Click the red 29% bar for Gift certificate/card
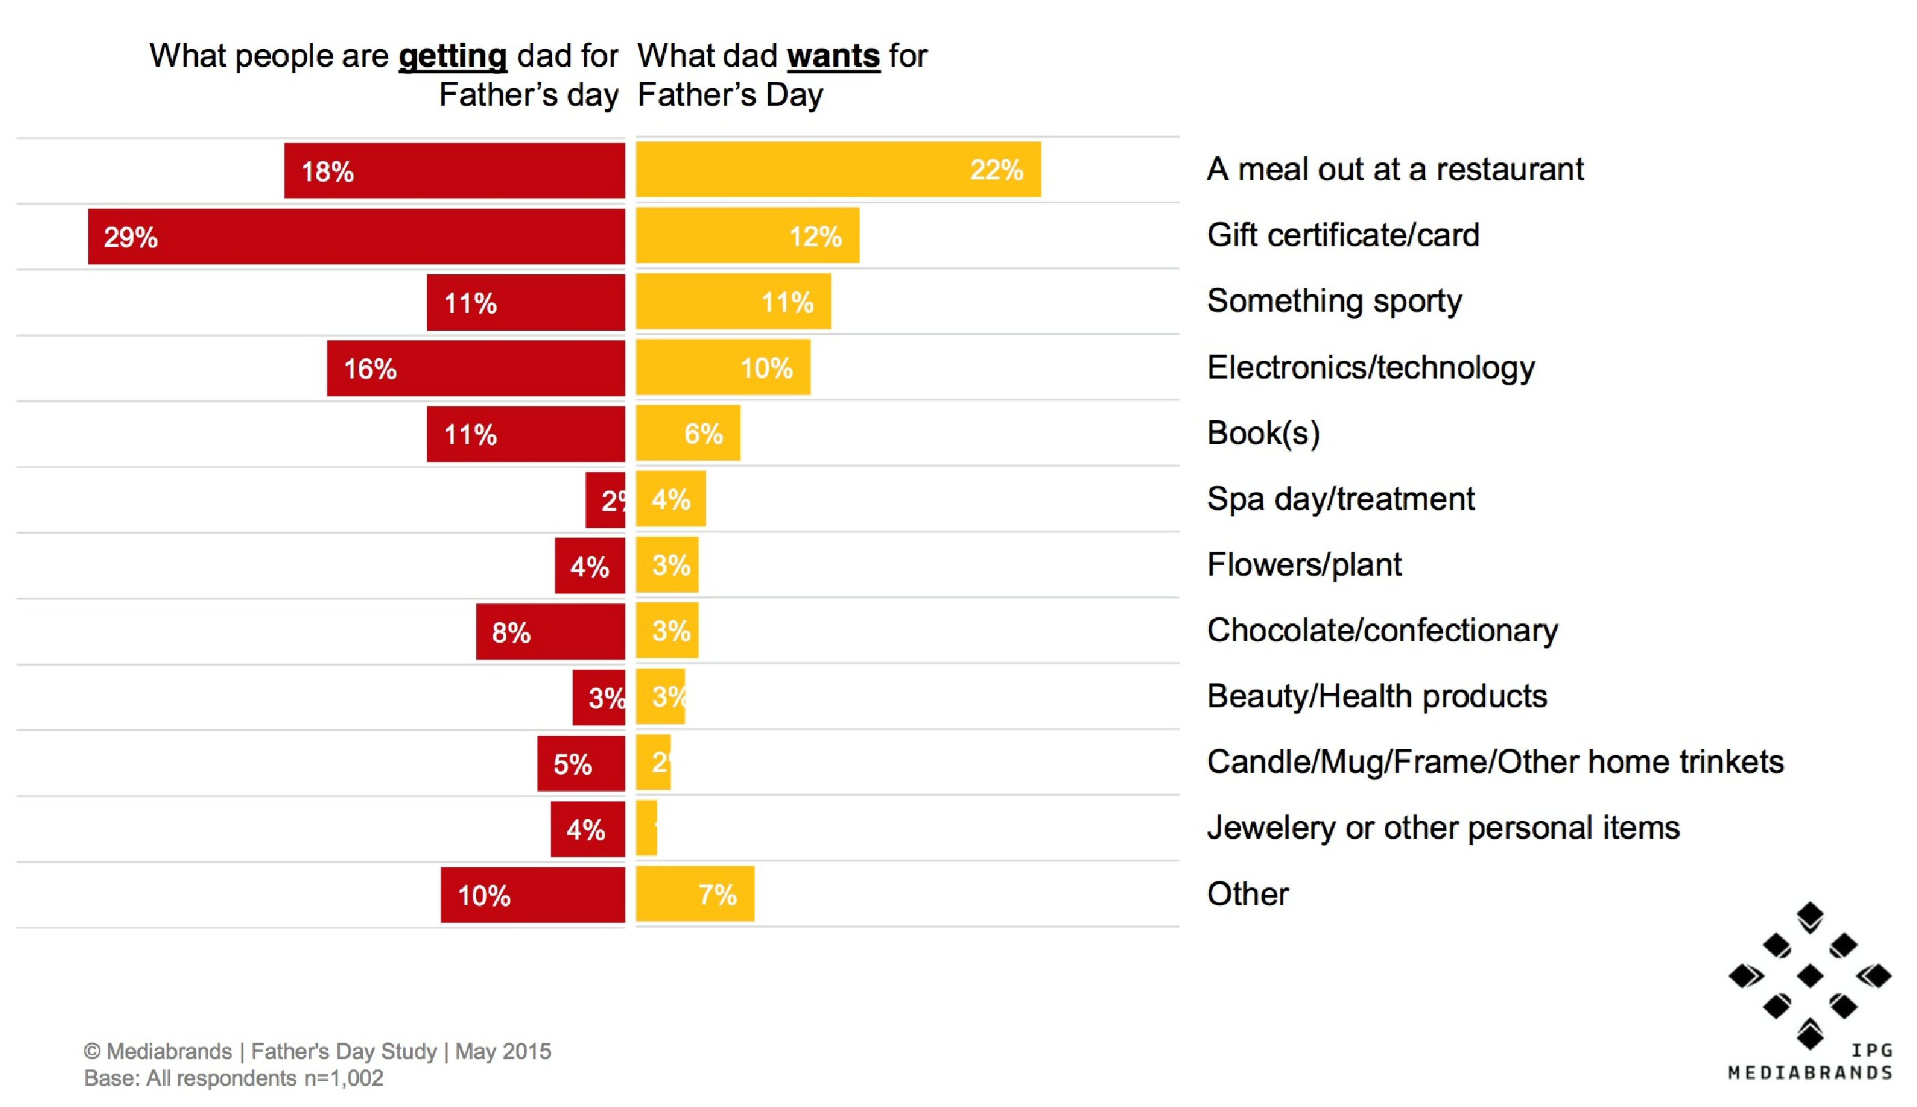(x=356, y=237)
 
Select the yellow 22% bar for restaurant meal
(x=837, y=170)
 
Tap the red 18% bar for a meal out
(x=454, y=171)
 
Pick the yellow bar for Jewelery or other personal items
(x=646, y=828)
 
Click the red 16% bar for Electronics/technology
(x=475, y=369)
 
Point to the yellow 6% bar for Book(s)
(x=688, y=433)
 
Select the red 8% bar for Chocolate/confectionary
(x=550, y=632)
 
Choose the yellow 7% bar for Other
(x=694, y=894)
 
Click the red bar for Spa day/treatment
(x=604, y=499)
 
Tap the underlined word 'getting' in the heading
(x=452, y=56)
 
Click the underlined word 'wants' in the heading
(x=833, y=56)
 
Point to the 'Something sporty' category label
(x=1334, y=301)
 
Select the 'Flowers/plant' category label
(x=1303, y=565)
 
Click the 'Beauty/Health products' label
(x=1376, y=696)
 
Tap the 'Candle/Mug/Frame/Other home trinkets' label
(x=1494, y=762)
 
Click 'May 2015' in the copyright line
(x=503, y=1052)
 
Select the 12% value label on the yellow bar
(x=815, y=237)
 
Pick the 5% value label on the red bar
(x=572, y=764)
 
